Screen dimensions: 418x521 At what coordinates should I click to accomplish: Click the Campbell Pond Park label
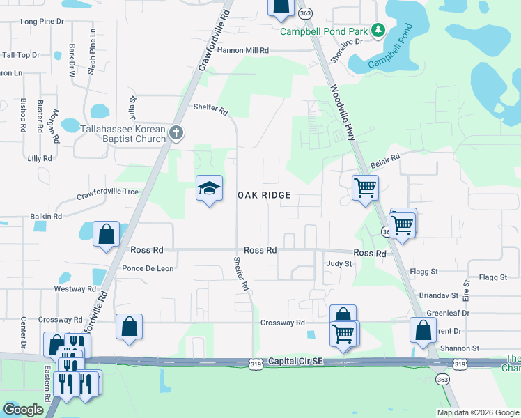[324, 31]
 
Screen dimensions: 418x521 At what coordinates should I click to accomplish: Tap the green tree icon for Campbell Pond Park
[378, 30]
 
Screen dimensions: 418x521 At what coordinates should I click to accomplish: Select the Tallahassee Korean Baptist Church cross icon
[177, 132]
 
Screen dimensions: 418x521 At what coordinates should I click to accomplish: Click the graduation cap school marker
[209, 188]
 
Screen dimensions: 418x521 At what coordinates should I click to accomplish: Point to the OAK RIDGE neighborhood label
[265, 196]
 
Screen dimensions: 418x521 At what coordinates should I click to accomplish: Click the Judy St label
[339, 264]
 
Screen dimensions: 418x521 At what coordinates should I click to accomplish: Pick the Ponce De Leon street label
[147, 268]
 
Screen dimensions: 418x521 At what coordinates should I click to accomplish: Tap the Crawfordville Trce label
[107, 192]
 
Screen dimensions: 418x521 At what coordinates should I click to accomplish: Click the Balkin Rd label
[46, 217]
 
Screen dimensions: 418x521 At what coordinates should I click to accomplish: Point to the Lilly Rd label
[40, 159]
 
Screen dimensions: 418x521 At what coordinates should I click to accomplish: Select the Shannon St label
[460, 348]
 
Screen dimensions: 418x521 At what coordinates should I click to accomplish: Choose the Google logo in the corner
[23, 410]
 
